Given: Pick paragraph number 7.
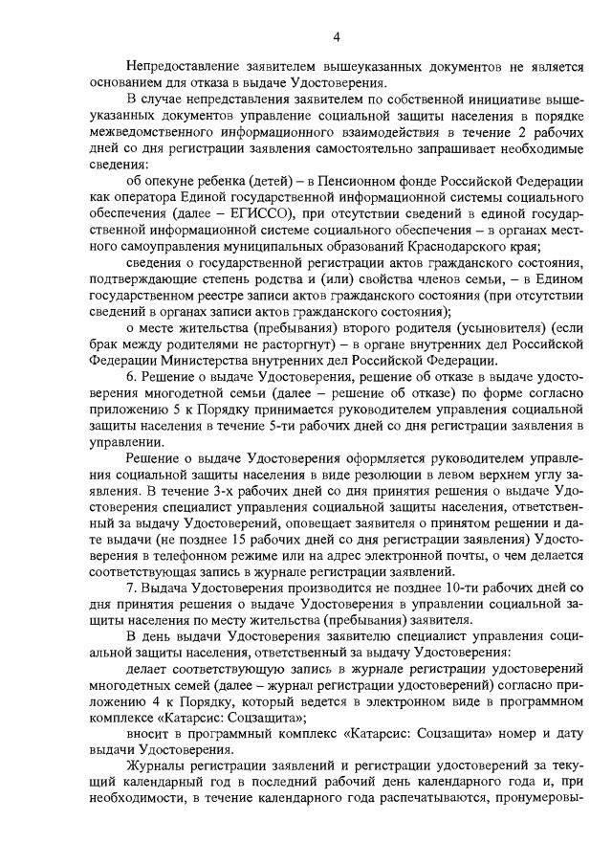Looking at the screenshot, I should [131, 583].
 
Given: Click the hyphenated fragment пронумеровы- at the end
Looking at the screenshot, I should [538, 809].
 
